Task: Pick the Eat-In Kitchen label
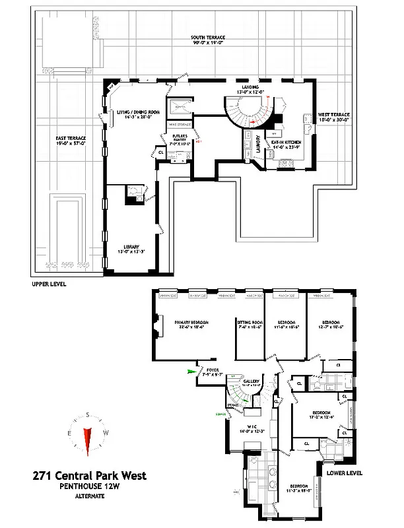pos(285,143)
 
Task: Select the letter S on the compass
pos(87,414)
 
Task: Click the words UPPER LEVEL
pos(50,284)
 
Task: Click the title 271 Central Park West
pos(89,475)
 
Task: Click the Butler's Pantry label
pos(180,139)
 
